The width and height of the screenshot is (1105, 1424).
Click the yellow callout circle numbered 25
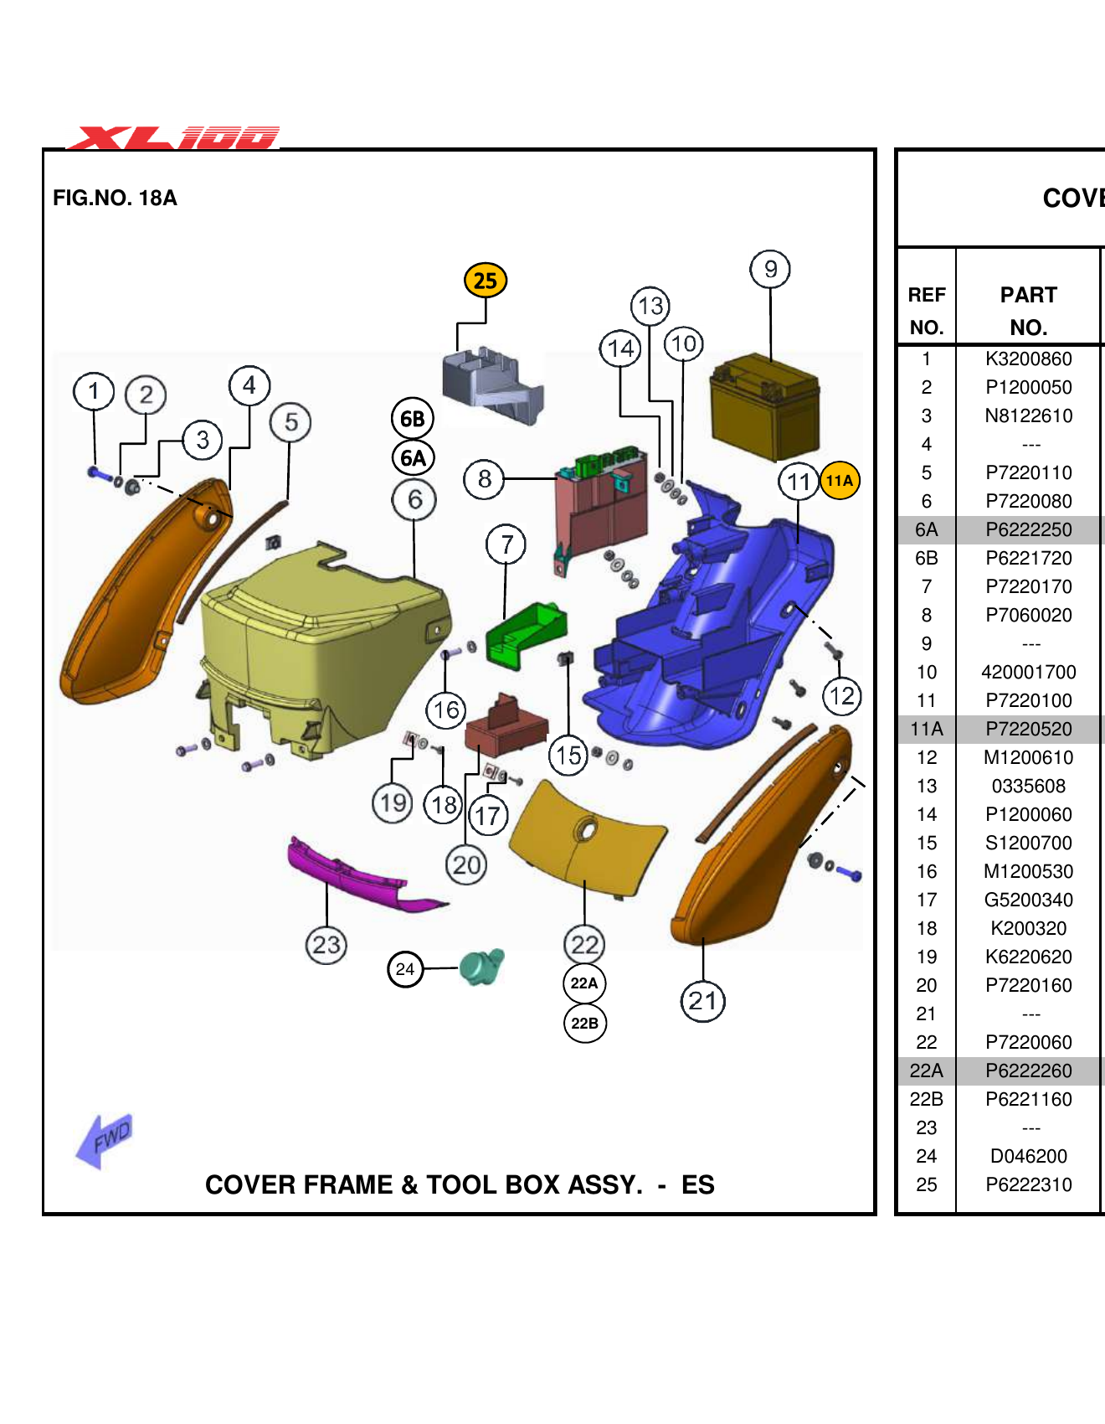coord(486,281)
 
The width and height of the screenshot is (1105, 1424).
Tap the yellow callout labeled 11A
coord(840,481)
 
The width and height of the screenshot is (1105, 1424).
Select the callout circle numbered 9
coord(770,269)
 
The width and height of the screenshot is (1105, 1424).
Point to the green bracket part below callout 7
coord(526,637)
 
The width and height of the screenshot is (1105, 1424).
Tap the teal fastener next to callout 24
coord(482,967)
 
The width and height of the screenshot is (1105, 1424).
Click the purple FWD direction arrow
coord(105,1140)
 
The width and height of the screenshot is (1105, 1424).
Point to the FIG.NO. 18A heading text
coord(115,199)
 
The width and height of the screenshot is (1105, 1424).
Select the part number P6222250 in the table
coord(1028,530)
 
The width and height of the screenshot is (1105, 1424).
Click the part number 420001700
coord(1028,673)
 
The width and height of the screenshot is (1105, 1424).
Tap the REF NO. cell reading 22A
coord(926,1071)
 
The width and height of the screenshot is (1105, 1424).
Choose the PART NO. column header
coord(1028,311)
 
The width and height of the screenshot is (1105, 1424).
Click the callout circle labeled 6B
coord(413,419)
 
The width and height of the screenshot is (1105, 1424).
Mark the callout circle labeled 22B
coord(584,1024)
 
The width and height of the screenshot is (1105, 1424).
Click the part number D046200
coord(1028,1157)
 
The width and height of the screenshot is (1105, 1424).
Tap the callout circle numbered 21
coord(702,1001)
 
